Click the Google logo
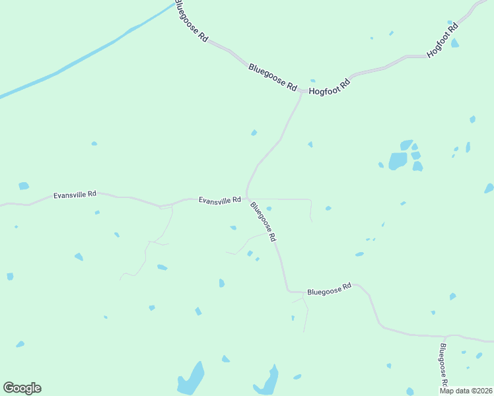pyautogui.click(x=22, y=388)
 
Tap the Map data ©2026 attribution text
pyautogui.click(x=465, y=391)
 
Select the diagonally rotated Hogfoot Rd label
pyautogui.click(x=442, y=41)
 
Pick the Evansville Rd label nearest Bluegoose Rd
pyautogui.click(x=219, y=199)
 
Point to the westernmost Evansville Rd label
pyautogui.click(x=75, y=195)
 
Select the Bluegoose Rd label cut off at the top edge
pyautogui.click(x=191, y=22)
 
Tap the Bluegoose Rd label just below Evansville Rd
pyautogui.click(x=263, y=222)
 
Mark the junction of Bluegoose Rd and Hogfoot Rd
pyautogui.click(x=302, y=91)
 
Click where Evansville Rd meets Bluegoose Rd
pyautogui.click(x=247, y=197)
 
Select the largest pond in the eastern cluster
pyautogui.click(x=398, y=161)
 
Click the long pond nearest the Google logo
pyautogui.click(x=191, y=379)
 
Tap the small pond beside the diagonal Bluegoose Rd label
pyautogui.click(x=269, y=209)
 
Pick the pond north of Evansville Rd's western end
pyautogui.click(x=24, y=186)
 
